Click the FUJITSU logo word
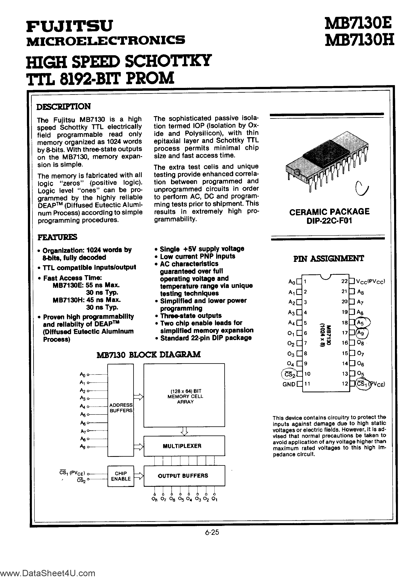[x=69, y=26]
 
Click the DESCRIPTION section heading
[x=64, y=106]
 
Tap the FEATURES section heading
[x=57, y=237]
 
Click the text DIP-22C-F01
[x=329, y=221]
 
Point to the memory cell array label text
[x=185, y=396]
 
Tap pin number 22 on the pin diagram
[x=344, y=281]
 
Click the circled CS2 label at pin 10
[x=288, y=374]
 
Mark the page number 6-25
[x=212, y=532]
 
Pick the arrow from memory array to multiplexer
[x=184, y=431]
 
